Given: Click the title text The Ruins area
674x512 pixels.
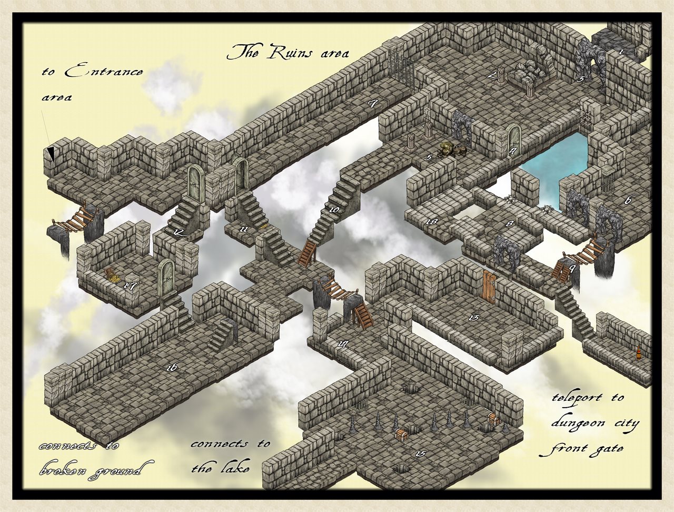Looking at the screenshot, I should [288, 52].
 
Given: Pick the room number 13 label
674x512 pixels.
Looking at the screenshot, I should [472, 318].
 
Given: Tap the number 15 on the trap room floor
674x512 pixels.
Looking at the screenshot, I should [420, 454].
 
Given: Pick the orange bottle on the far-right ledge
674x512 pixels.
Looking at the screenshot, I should [639, 352].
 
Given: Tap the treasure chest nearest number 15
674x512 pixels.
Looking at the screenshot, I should [402, 435].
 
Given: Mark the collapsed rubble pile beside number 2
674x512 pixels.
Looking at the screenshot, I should [530, 73].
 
